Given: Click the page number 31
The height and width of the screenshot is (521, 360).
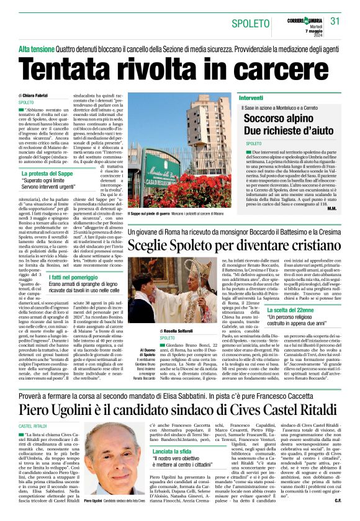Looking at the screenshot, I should pos(336,21).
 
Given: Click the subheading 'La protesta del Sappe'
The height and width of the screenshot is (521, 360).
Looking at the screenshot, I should pos(48,174).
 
